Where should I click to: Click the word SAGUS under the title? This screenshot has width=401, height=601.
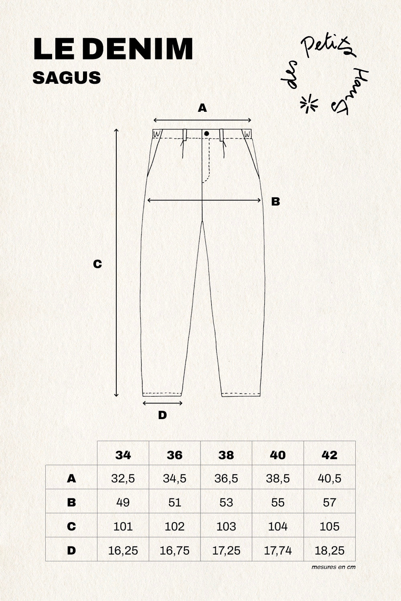coord(67,78)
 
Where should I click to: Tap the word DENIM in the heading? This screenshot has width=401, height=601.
coord(138,49)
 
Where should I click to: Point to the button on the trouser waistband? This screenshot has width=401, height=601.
coord(207,133)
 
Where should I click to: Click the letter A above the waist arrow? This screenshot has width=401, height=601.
coord(202,108)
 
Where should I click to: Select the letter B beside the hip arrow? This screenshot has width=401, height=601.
coord(275,201)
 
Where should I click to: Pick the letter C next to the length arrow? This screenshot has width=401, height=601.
coord(97,264)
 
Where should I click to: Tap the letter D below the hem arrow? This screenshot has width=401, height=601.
coord(162,415)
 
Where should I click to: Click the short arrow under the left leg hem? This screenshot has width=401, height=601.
coord(162,403)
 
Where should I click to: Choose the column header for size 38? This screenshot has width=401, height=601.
coord(226,455)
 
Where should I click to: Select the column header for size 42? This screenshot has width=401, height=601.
coord(330,455)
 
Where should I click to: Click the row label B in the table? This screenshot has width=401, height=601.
coord(71,502)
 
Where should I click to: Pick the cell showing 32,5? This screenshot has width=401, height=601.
coord(123,479)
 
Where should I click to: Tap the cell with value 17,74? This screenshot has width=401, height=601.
coord(278,551)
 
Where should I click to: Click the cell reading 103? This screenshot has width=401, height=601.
coord(226,527)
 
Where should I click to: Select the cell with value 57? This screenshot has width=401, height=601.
coord(330,502)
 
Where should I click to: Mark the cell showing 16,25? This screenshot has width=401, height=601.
coord(123,551)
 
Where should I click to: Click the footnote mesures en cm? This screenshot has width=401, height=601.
coord(333,567)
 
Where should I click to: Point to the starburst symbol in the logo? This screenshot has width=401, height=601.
coord(309,103)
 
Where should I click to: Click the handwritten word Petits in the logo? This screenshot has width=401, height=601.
coord(328,47)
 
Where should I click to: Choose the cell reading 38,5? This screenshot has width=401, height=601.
coord(278,479)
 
